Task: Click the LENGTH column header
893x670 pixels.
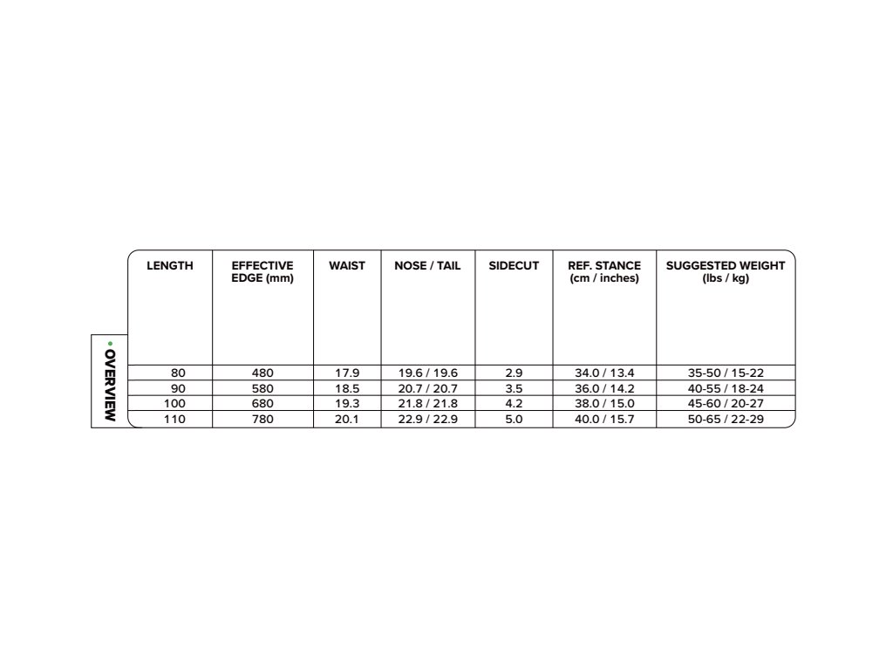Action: pos(170,265)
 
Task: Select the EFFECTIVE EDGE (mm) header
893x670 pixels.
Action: pos(262,271)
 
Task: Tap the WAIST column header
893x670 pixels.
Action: pos(347,265)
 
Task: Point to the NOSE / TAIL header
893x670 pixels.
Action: pos(427,265)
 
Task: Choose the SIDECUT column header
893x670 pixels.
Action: pos(514,265)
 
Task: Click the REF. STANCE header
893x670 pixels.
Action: pos(604,271)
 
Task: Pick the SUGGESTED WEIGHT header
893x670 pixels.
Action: pos(726,271)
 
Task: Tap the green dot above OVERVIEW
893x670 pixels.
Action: pos(110,343)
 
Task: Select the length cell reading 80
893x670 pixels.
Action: pos(179,373)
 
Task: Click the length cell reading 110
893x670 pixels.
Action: pos(175,420)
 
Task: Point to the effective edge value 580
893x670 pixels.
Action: pos(262,388)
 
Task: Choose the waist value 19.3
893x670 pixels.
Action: pos(347,404)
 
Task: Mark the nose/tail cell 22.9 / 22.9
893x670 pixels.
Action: pos(428,420)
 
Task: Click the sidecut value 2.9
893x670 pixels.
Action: pos(514,373)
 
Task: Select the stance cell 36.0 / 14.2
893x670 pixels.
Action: pos(604,388)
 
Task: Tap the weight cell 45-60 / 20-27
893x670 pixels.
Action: pos(726,404)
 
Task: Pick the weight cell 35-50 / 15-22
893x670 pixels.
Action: pos(726,373)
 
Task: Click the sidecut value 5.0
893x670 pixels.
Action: pos(514,420)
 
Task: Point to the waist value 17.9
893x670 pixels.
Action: pos(347,373)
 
